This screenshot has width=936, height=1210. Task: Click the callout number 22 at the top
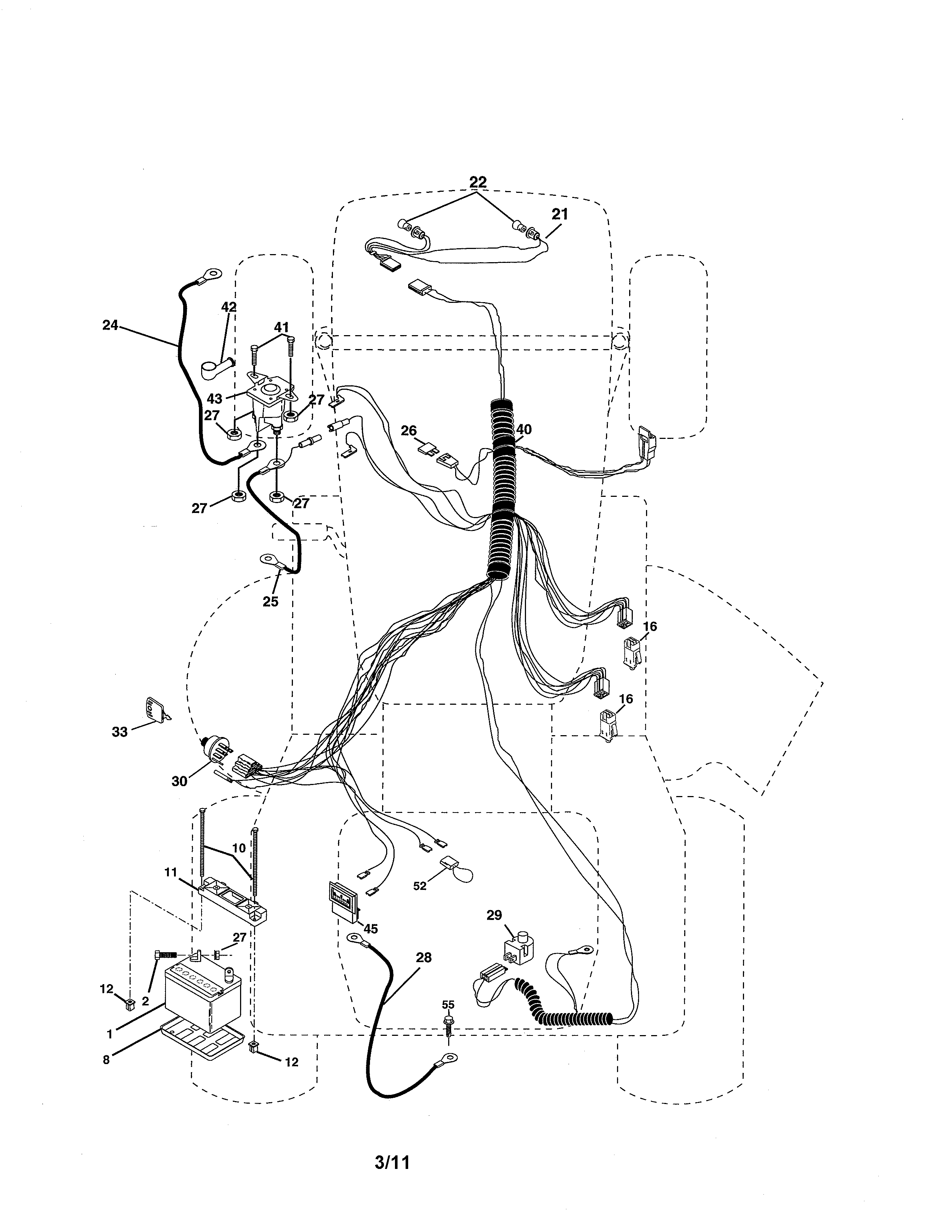(478, 182)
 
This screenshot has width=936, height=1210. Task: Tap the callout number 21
(559, 214)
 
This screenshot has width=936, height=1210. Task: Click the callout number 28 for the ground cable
(423, 957)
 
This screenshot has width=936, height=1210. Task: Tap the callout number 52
(420, 886)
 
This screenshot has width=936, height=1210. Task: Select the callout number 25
(270, 601)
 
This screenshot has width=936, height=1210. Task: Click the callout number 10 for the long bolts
(239, 848)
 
